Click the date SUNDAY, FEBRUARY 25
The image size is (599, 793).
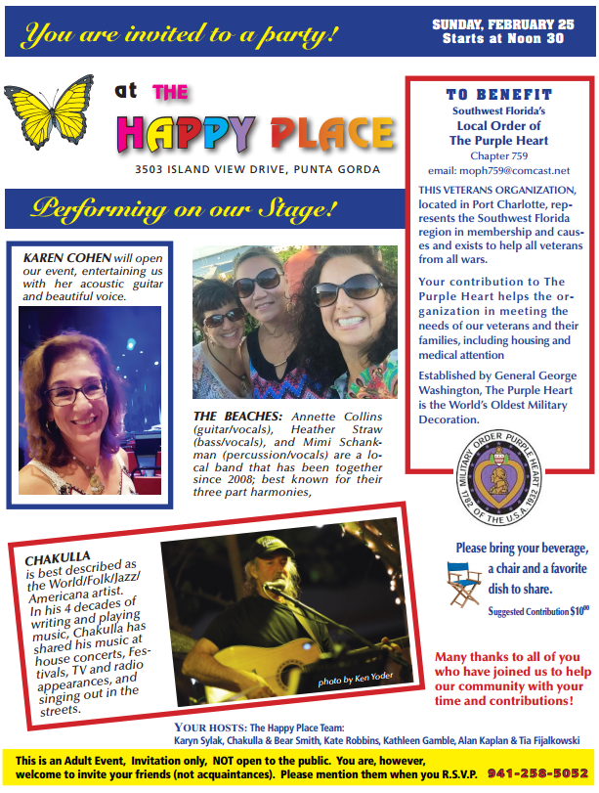click(503, 24)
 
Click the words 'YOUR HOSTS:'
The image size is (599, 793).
click(208, 727)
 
